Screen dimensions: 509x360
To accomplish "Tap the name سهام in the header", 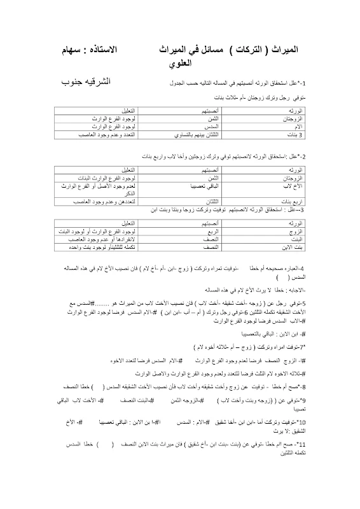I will click(x=72, y=49).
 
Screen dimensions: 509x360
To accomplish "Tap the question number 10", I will click(x=301, y=422).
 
